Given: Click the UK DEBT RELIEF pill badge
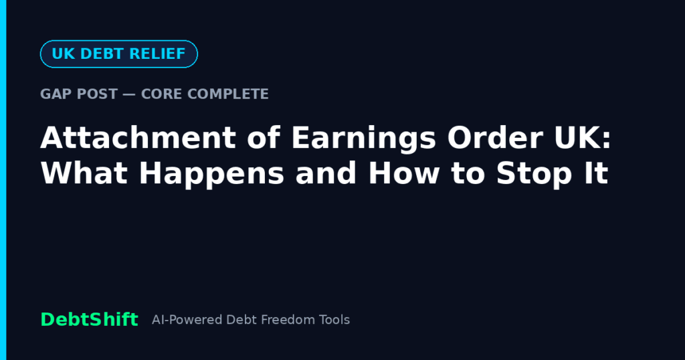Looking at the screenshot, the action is [x=119, y=54].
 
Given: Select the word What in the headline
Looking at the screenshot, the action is [x=84, y=173].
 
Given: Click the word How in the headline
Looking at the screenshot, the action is [x=404, y=173].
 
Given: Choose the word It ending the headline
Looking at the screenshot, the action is [x=596, y=173].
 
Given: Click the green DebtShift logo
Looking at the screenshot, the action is [x=90, y=319].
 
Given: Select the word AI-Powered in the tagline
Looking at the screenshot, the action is [x=187, y=320].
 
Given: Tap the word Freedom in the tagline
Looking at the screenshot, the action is [x=288, y=320].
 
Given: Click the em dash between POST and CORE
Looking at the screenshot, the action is [x=129, y=94].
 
